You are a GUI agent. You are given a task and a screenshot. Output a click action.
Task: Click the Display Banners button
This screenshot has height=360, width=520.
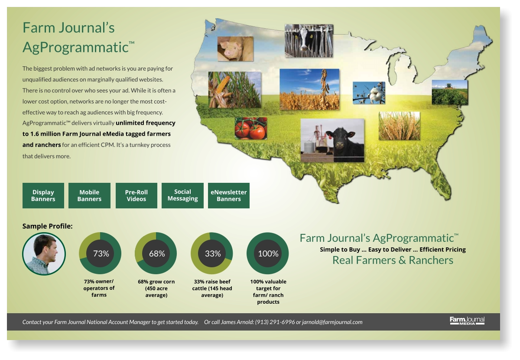coord(43,195)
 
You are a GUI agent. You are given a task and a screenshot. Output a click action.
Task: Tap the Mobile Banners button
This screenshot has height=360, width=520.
coord(89,195)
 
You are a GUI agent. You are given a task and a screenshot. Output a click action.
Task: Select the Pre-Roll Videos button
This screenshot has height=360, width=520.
coord(136,195)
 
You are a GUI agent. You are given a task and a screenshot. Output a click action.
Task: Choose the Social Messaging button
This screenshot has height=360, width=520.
coord(182,195)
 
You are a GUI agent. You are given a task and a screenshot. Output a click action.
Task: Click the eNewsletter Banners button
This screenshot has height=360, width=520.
coord(229,195)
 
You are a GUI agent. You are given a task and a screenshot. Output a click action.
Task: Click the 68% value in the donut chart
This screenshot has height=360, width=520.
coord(157,253)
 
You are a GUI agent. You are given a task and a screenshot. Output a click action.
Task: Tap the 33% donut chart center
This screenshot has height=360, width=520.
coord(213,253)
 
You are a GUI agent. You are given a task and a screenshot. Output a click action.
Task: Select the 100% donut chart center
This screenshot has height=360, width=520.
coord(268,253)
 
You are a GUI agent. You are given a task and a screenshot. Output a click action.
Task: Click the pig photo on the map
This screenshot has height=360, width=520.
coord(235,49)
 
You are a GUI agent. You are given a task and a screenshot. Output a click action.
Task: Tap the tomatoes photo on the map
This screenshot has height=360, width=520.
coord(251,128)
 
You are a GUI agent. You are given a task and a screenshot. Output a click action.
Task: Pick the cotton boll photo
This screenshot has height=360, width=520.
coord(369,93)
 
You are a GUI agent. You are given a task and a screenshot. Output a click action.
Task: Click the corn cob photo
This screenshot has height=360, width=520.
coord(235,90)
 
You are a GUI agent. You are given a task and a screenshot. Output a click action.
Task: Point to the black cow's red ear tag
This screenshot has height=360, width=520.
coord(330,136)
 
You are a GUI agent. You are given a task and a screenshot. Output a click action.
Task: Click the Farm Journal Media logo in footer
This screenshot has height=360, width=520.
coord(467,321)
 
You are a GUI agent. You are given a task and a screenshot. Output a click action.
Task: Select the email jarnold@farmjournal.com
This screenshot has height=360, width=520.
coord(332,322)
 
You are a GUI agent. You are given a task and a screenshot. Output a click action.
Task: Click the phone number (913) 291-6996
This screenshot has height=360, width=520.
coord(275,322)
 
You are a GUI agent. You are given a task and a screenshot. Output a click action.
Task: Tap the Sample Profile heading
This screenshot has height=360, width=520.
coord(47,226)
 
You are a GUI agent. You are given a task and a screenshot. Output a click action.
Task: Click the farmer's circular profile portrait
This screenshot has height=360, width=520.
coord(44,254)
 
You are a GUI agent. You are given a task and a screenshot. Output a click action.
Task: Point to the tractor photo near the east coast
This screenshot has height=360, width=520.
coord(450,92)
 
